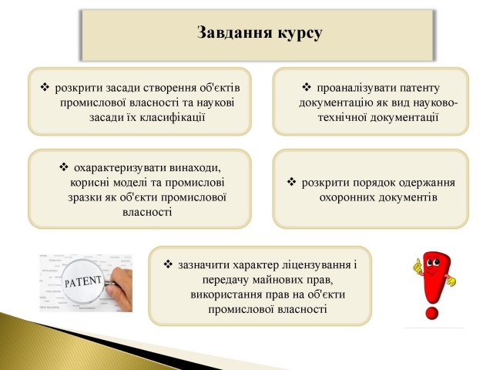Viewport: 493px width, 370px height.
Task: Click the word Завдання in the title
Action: tap(235, 32)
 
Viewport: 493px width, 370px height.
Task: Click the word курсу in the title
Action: tap(300, 34)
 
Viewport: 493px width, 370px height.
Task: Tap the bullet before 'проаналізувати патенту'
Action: tap(307, 87)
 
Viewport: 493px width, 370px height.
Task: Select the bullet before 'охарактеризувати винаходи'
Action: tap(63, 166)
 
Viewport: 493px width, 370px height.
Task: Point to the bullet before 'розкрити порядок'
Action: tap(291, 182)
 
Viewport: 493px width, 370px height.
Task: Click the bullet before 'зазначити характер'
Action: tap(168, 264)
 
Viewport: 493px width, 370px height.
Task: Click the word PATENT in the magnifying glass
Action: tap(83, 281)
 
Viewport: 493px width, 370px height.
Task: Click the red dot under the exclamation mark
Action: tap(431, 313)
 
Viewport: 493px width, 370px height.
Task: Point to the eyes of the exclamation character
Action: tap(432, 263)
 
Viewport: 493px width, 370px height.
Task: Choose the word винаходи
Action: tap(195, 168)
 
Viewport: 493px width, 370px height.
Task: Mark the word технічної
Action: tap(342, 117)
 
